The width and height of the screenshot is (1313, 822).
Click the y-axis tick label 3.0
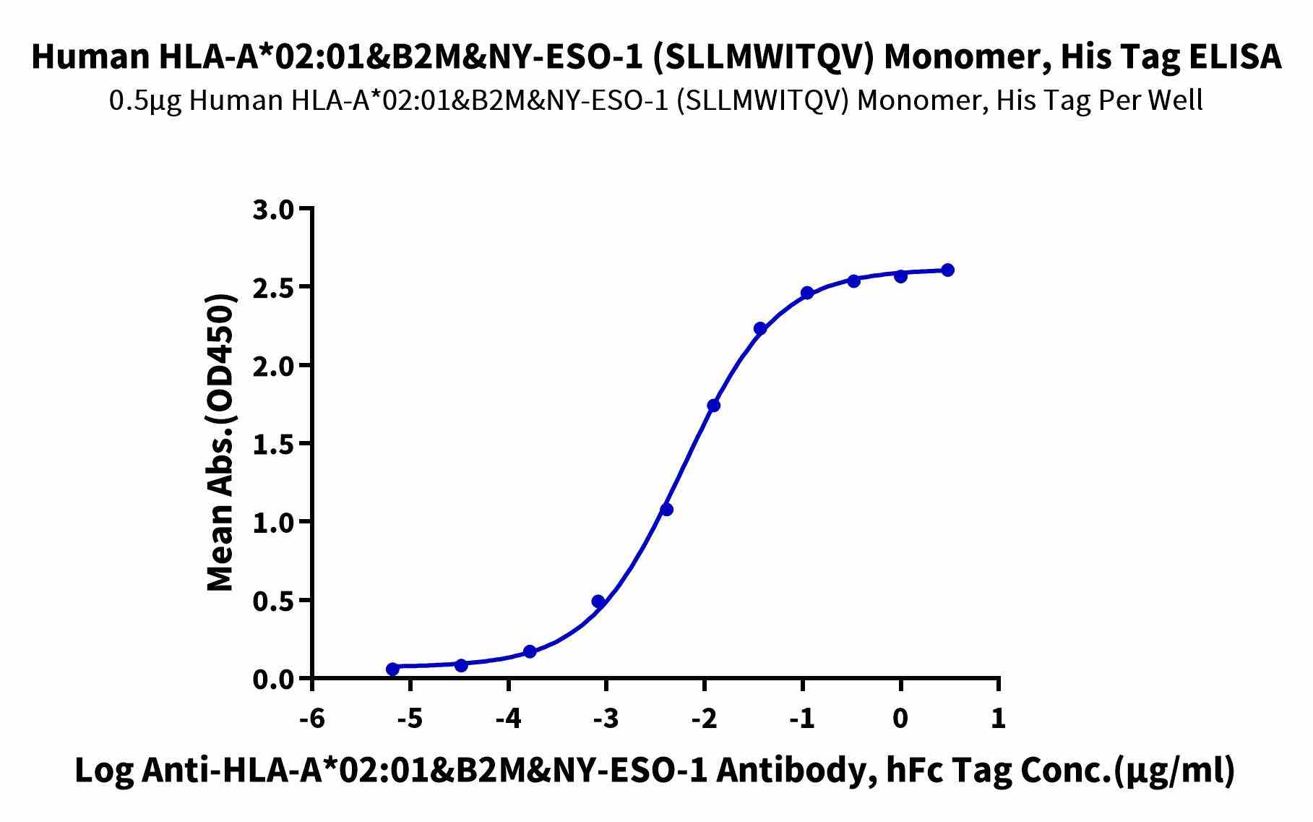[273, 210]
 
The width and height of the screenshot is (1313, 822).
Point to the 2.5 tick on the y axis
[273, 288]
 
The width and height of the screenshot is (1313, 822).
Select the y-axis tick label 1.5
[273, 444]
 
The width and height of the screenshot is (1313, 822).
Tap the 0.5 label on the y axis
[273, 601]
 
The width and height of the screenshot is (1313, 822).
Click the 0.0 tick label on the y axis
[273, 680]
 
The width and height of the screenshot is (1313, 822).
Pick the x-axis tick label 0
[900, 719]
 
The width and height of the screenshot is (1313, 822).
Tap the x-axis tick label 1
[998, 719]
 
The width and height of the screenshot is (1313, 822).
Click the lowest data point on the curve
[392, 669]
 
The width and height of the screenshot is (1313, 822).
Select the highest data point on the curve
[947, 270]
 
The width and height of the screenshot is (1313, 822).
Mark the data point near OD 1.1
[666, 510]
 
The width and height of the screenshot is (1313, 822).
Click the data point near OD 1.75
[713, 406]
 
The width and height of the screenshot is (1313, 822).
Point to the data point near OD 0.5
[598, 601]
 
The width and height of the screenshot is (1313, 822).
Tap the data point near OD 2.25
[759, 329]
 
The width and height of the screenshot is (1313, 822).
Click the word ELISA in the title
[1231, 58]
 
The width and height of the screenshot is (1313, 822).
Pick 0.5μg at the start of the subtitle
[145, 101]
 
